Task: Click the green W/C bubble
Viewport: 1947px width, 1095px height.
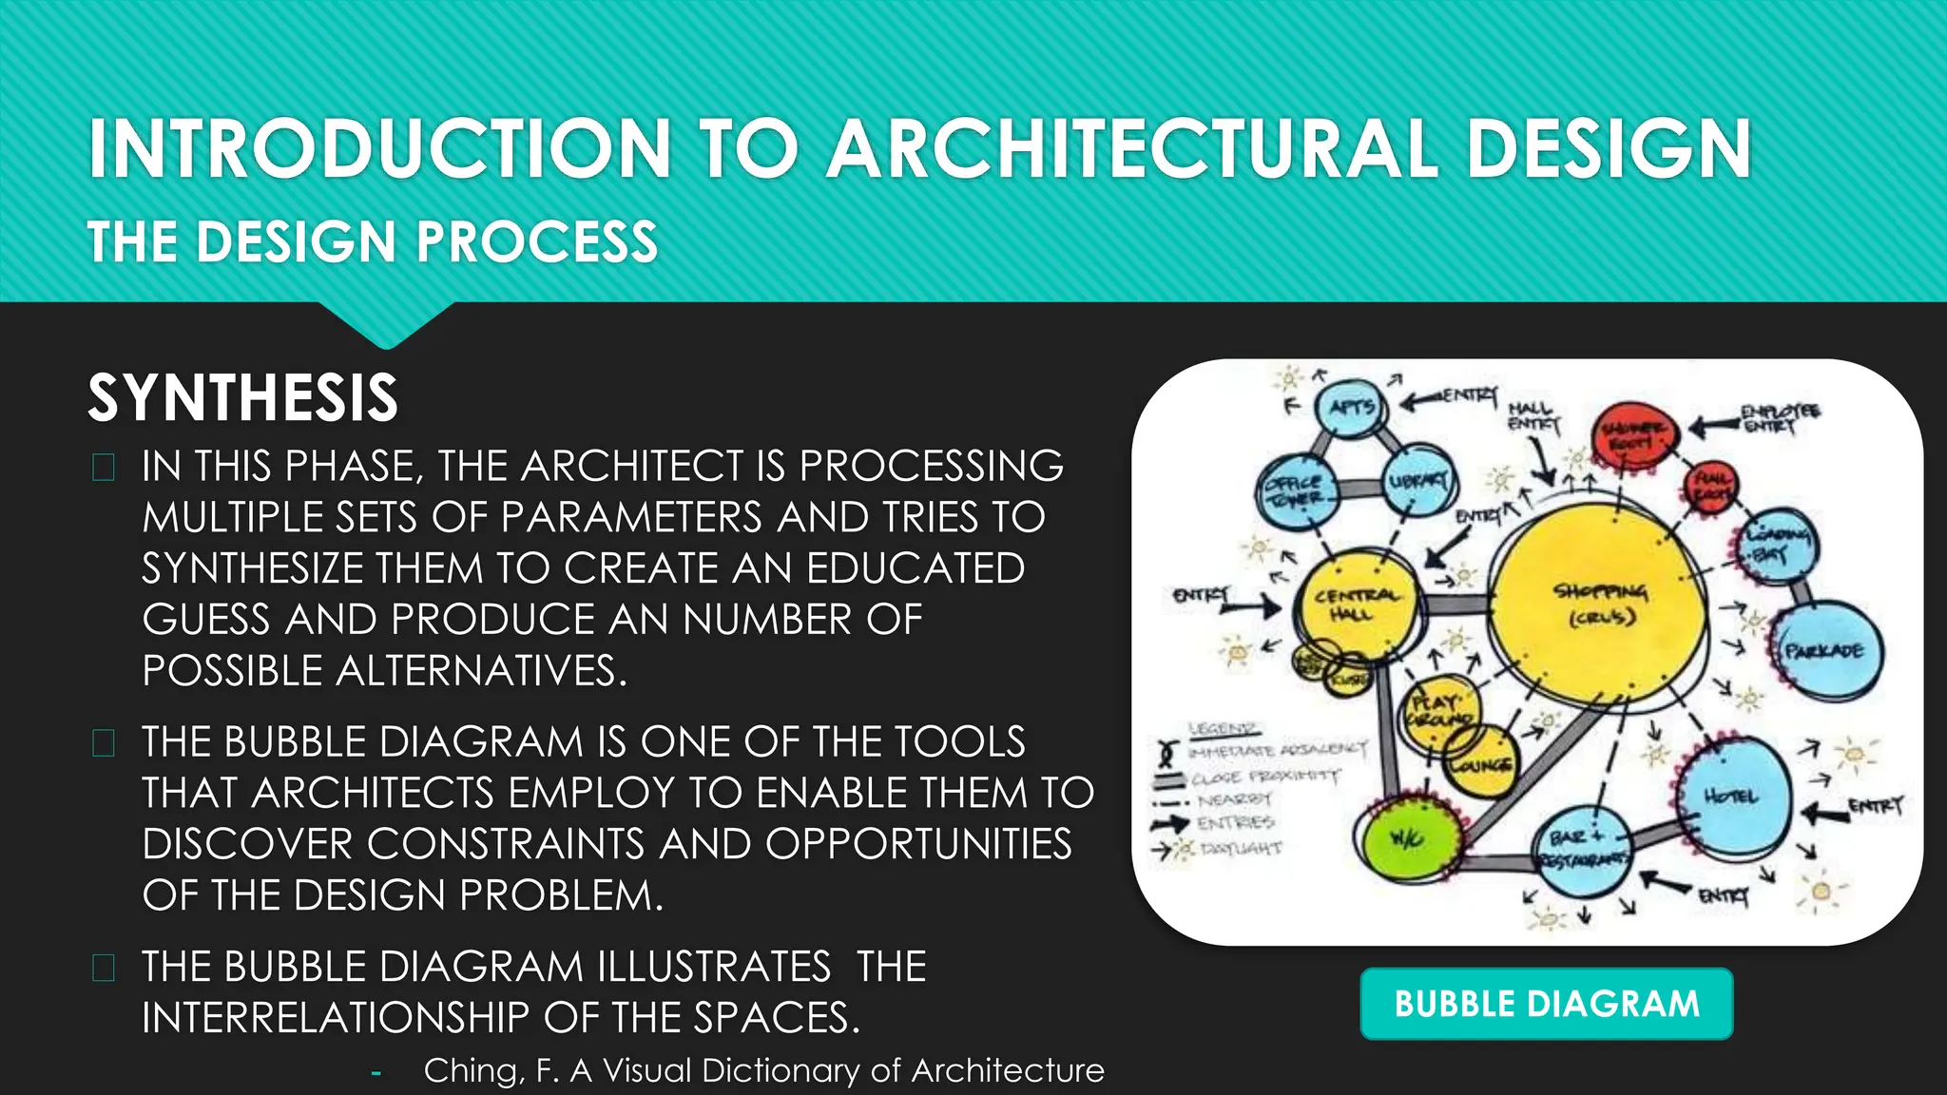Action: [1406, 837]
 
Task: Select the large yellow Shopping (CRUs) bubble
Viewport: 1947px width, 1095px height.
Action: [1601, 605]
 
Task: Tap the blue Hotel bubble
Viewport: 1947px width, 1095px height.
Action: [1732, 797]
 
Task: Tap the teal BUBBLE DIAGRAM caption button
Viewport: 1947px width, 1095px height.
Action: [1546, 1004]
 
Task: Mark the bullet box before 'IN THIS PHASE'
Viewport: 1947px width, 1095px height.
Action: [104, 467]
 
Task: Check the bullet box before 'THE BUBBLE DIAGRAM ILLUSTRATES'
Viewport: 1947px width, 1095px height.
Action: [104, 968]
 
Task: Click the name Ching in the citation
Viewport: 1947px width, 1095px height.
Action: [472, 1070]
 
